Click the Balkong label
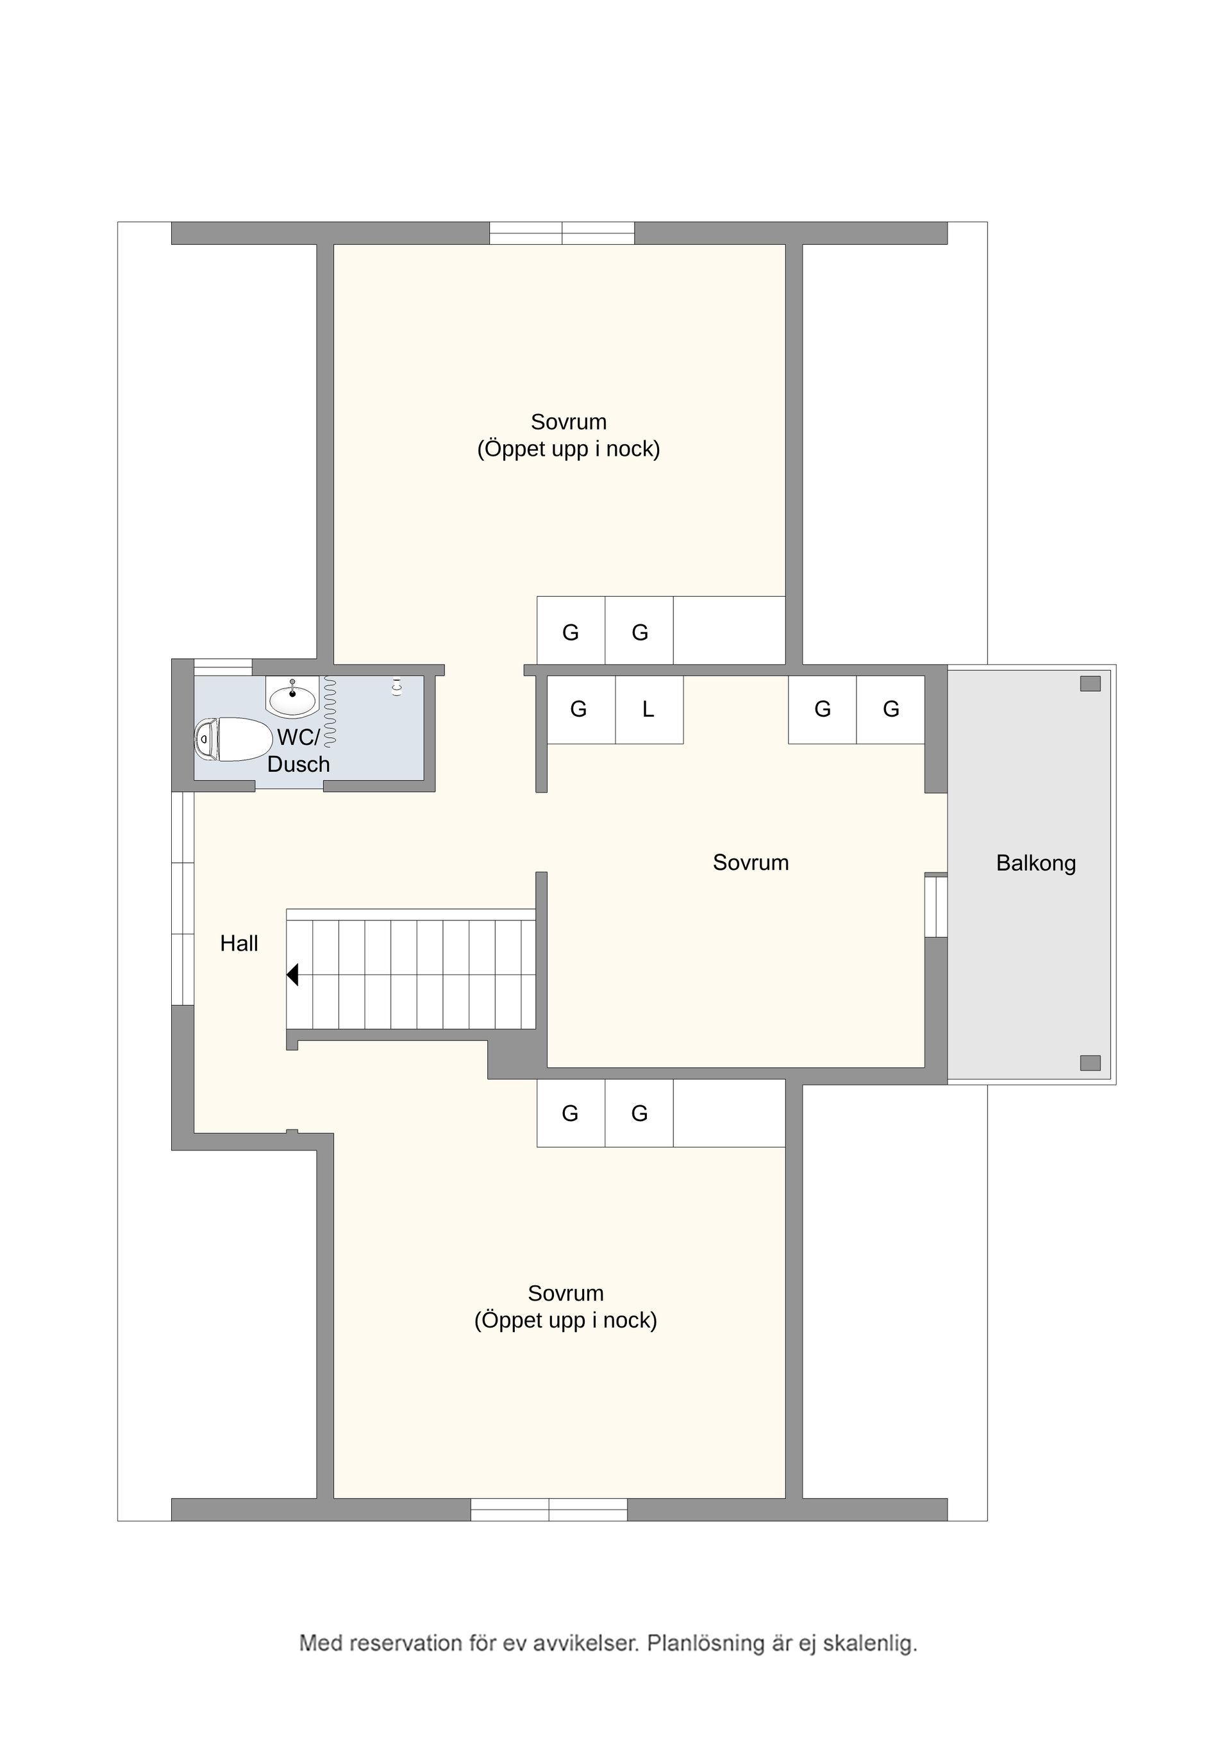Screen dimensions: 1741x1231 pyautogui.click(x=1035, y=863)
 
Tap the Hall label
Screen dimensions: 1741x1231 pyautogui.click(x=239, y=944)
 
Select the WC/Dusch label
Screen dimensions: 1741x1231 pyautogui.click(x=298, y=750)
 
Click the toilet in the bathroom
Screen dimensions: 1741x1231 pyautogui.click(x=233, y=738)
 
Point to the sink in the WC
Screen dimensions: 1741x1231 pyautogui.click(x=293, y=698)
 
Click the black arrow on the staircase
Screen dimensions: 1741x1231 pyautogui.click(x=292, y=974)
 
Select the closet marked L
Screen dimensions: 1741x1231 pyautogui.click(x=648, y=710)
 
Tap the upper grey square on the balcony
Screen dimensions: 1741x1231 pyautogui.click(x=1090, y=684)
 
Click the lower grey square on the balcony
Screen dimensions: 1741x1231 pyautogui.click(x=1090, y=1063)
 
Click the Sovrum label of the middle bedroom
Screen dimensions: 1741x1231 pyautogui.click(x=750, y=862)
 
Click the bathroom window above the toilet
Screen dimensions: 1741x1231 pyautogui.click(x=223, y=667)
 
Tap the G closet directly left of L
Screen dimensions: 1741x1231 pyautogui.click(x=579, y=710)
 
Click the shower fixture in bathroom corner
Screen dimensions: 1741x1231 pyautogui.click(x=396, y=687)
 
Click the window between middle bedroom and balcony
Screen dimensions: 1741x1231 pyautogui.click(x=936, y=906)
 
